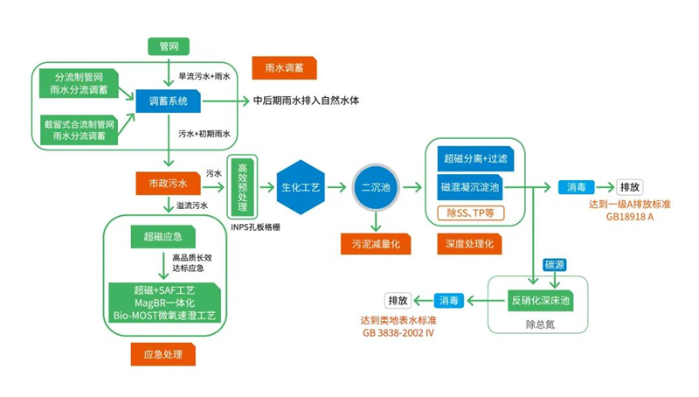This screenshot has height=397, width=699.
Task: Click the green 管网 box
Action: coord(168,46)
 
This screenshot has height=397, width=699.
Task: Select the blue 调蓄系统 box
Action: coord(168,102)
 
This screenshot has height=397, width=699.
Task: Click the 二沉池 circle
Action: coord(374,187)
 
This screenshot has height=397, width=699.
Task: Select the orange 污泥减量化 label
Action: coord(375,244)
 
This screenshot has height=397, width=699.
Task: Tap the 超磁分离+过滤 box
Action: coord(474,159)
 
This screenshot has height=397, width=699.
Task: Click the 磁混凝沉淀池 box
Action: coord(474,187)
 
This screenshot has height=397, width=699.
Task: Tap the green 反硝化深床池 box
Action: coord(540,301)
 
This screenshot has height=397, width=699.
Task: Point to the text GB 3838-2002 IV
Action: coord(398,333)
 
